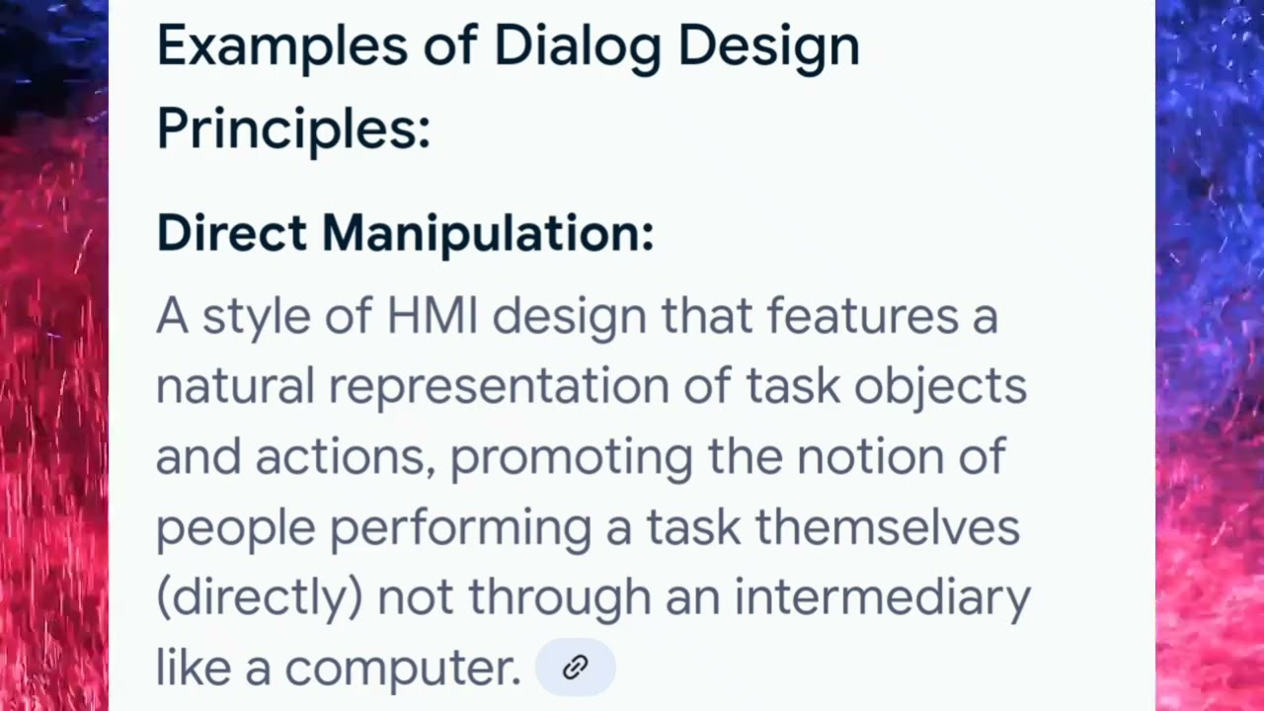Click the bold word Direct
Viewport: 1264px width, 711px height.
tap(231, 234)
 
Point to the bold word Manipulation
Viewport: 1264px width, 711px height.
tap(486, 234)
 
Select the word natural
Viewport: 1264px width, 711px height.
tap(234, 386)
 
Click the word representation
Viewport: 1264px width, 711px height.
tap(499, 386)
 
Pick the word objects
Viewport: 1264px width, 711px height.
tap(940, 386)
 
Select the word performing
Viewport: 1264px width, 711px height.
tap(459, 527)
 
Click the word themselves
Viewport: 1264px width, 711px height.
tap(887, 527)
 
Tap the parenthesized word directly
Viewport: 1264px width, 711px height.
tap(260, 597)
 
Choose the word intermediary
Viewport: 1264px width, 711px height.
tap(882, 597)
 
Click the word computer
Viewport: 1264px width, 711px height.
tap(402, 669)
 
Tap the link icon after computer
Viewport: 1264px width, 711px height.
tap(575, 668)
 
